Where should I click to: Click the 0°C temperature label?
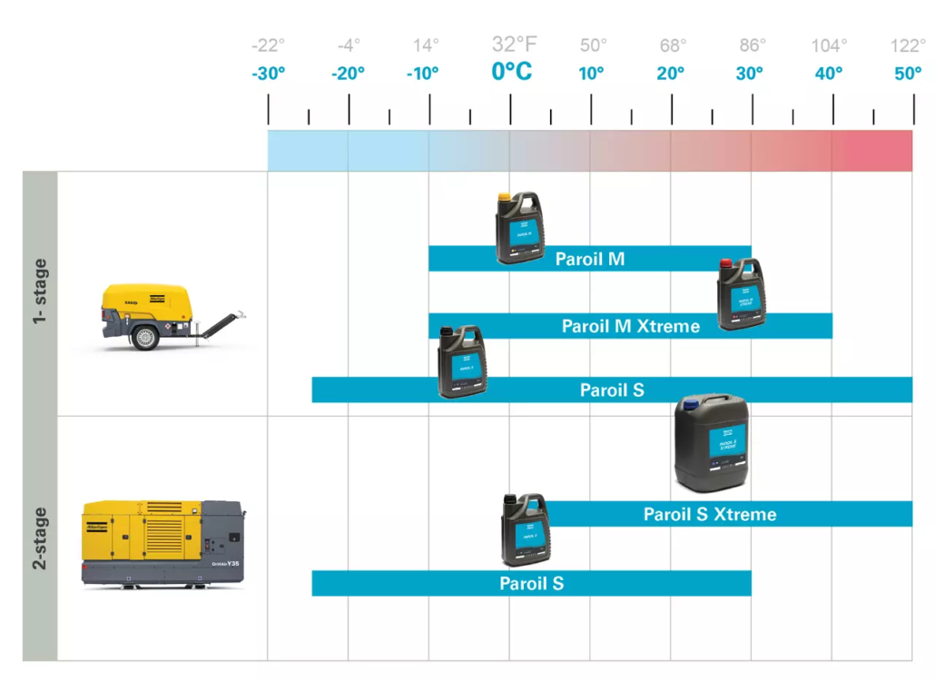[x=511, y=72]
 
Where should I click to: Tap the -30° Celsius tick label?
[x=269, y=74]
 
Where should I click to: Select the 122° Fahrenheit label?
[x=908, y=45]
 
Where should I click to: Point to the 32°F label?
[x=514, y=44]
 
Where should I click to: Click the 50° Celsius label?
[x=908, y=74]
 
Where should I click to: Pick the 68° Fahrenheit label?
[x=672, y=45]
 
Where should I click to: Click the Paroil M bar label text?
[x=590, y=260]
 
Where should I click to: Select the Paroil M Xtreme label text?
[x=631, y=326]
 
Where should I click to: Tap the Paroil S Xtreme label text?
[x=710, y=515]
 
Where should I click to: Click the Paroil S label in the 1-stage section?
[x=612, y=390]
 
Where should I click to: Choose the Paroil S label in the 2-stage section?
[x=531, y=583]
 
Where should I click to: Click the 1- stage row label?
[x=40, y=292]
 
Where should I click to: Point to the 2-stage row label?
[x=40, y=538]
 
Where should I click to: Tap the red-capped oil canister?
[x=739, y=293]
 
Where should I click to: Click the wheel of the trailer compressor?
[x=145, y=337]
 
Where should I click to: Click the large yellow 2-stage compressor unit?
[x=163, y=542]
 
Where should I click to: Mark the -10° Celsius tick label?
[x=422, y=74]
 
